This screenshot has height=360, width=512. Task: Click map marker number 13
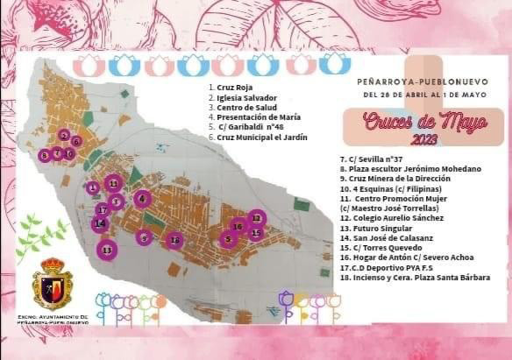click(x=107, y=251)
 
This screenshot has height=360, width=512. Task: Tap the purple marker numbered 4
click(x=143, y=199)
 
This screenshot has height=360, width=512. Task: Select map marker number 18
click(x=175, y=240)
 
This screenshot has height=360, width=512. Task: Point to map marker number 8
click(x=45, y=155)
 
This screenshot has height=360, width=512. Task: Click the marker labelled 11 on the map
click(x=112, y=182)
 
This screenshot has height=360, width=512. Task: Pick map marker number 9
click(x=144, y=236)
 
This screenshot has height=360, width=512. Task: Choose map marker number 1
click(x=92, y=187)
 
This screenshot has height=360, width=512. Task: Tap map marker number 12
click(x=256, y=216)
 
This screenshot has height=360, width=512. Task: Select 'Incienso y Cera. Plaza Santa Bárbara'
click(x=414, y=278)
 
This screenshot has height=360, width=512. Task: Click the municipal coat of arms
click(x=53, y=286)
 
